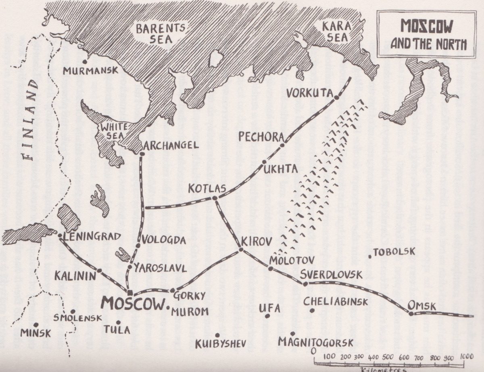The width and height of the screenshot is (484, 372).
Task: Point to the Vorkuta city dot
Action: coord(336,97)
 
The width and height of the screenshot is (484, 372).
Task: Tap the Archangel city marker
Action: coord(142,153)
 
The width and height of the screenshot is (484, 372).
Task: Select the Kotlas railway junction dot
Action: coord(215,198)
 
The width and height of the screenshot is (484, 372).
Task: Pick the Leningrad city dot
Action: coord(60,235)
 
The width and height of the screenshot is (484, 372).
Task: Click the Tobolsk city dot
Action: coord(370,256)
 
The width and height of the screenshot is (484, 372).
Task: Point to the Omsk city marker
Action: coord(411,313)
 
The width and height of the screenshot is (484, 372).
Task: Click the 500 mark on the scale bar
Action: coord(388,357)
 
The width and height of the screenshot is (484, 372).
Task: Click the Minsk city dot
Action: coord(35,324)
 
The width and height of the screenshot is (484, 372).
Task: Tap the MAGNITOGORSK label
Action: coord(315,343)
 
